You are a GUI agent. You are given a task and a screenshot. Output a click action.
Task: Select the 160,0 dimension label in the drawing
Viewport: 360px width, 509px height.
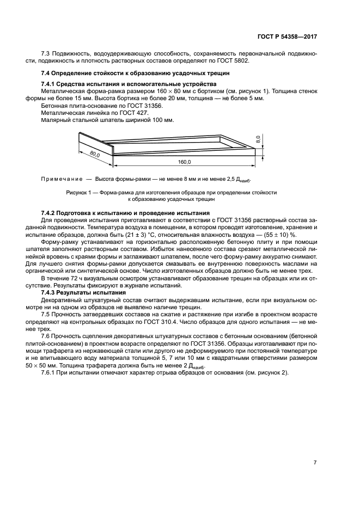tap(184, 162)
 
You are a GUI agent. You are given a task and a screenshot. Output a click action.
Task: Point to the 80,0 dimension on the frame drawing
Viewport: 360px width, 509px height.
tap(95, 155)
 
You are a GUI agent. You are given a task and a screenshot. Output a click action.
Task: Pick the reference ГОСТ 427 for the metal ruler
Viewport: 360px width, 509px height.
tap(126, 112)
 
